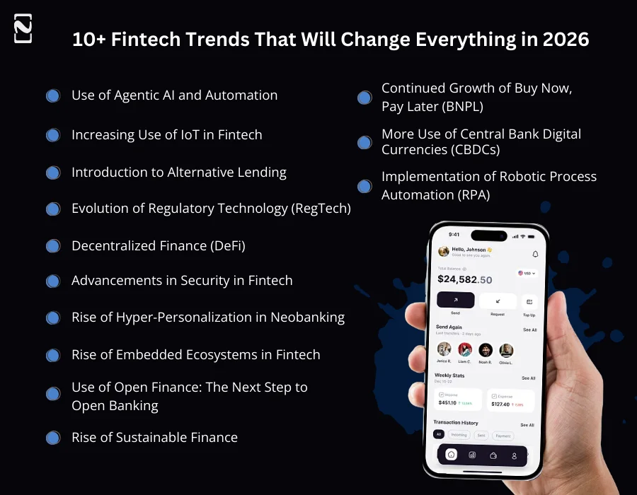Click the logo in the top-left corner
tap(23, 28)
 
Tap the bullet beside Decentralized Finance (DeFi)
tap(53, 246)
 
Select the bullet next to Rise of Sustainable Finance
tap(53, 438)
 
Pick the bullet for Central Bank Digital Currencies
tap(365, 142)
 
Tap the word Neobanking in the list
tap(310, 317)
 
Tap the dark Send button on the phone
tap(456, 301)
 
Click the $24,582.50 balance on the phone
tap(464, 279)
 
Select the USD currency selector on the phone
tap(527, 273)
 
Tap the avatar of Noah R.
tap(486, 350)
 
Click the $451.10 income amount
tap(447, 402)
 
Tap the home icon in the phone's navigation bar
tap(452, 455)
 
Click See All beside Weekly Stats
tap(528, 378)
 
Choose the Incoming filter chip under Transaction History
tap(459, 435)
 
